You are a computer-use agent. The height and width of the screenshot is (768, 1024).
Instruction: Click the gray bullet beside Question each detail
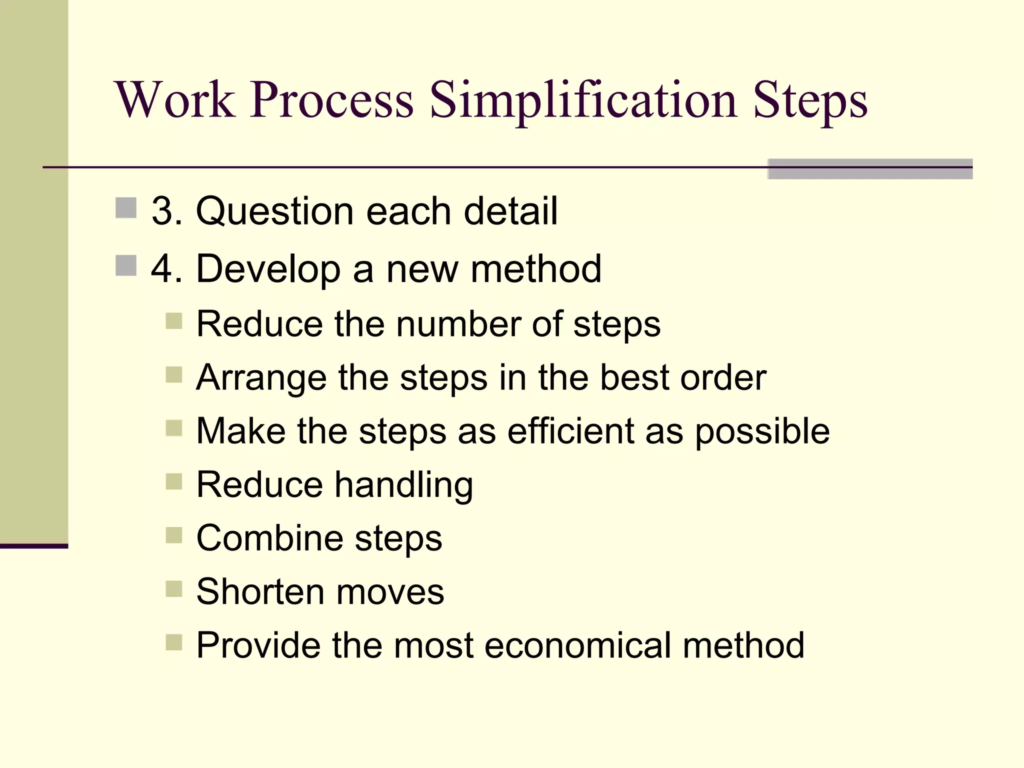point(126,208)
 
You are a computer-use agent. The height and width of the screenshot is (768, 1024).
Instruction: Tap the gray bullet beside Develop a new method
point(126,265)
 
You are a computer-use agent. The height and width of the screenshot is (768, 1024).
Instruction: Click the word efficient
point(570,431)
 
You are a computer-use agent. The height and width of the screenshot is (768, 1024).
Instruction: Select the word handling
point(403,485)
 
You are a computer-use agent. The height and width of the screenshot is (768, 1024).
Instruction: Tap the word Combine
point(269,538)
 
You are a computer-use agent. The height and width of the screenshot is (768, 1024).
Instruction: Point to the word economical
point(577,645)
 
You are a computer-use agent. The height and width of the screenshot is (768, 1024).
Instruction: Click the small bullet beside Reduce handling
point(174,482)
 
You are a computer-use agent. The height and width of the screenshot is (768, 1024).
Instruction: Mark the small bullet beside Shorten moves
point(174,589)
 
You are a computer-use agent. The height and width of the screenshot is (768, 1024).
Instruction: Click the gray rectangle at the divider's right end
point(870,169)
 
